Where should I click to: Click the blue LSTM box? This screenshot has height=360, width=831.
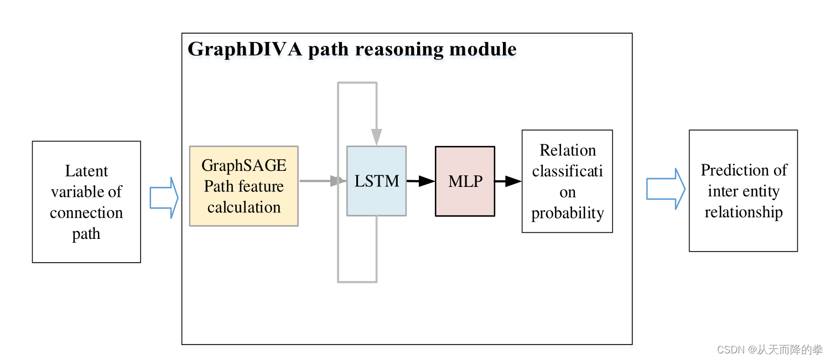pyautogui.click(x=376, y=181)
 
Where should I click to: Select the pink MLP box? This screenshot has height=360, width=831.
pyautogui.click(x=465, y=181)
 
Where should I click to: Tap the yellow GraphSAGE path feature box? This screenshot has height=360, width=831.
pyautogui.click(x=243, y=186)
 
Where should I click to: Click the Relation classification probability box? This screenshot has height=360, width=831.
pyautogui.click(x=567, y=181)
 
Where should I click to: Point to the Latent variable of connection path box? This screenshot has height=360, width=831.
pyautogui.click(x=86, y=202)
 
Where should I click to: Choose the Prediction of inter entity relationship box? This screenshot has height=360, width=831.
pyautogui.click(x=743, y=191)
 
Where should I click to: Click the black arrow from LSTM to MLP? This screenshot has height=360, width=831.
pyautogui.click(x=420, y=181)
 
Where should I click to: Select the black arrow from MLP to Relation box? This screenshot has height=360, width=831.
pyautogui.click(x=508, y=181)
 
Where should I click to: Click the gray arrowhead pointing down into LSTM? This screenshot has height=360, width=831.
pyautogui.click(x=376, y=136)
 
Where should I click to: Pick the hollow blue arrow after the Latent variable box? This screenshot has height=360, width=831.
pyautogui.click(x=164, y=197)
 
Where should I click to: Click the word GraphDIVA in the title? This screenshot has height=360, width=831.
pyautogui.click(x=245, y=50)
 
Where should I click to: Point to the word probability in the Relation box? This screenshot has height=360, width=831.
pyautogui.click(x=567, y=213)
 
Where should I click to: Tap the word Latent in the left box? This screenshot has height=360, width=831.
pyautogui.click(x=86, y=171)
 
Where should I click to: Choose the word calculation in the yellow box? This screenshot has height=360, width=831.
pyautogui.click(x=243, y=207)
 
